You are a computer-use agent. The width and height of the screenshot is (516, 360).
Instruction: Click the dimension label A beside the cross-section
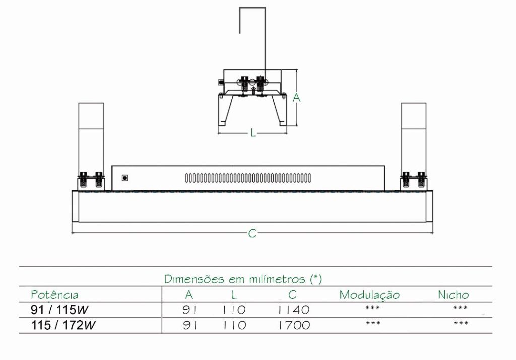(296, 98)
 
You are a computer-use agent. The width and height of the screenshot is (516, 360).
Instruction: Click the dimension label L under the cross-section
(253, 133)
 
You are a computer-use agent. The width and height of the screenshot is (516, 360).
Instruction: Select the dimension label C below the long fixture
(252, 233)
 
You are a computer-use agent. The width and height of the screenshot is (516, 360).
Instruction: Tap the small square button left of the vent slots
(125, 178)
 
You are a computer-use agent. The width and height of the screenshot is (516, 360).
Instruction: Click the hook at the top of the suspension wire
(252, 8)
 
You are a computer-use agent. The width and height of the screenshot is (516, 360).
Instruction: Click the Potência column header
(54, 295)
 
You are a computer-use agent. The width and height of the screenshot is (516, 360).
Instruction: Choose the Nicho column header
(453, 295)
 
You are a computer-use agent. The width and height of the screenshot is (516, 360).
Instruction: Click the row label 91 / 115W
(59, 310)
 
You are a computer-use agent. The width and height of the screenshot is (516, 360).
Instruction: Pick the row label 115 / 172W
(63, 325)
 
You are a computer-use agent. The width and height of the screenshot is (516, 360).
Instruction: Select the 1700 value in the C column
(294, 325)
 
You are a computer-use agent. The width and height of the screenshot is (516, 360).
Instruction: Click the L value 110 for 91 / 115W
(234, 310)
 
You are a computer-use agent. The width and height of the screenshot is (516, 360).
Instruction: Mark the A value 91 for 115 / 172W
(190, 325)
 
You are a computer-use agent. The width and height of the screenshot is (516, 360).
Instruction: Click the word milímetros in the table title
(277, 279)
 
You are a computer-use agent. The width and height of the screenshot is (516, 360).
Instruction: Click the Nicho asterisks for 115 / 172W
(461, 323)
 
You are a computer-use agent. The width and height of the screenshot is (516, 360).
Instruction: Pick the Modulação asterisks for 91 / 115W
(372, 308)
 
